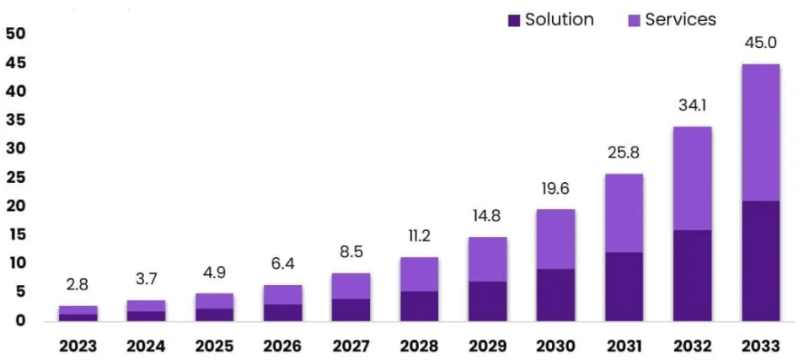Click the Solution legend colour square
point(513,19)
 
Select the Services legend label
point(680,19)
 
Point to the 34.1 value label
point(692,106)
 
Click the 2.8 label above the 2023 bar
point(78,285)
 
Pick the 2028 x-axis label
point(419,346)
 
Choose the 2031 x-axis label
point(624,346)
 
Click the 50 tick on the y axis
point(16,34)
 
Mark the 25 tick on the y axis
point(16,177)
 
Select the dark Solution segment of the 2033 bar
point(760,261)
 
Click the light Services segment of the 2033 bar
point(760,132)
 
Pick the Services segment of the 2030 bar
point(555,239)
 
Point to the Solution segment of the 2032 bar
point(692,275)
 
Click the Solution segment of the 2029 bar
point(487,300)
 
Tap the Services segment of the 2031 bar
point(624,212)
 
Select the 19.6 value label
point(555,190)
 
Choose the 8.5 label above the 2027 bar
point(351,253)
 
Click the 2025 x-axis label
point(214,346)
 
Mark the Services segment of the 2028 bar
point(419,274)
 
